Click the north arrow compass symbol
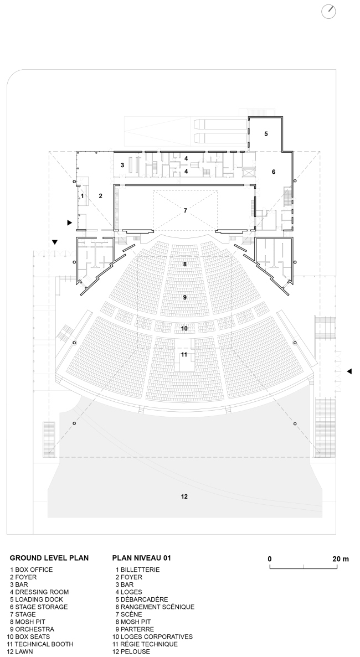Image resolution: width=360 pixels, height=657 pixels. click(x=328, y=11)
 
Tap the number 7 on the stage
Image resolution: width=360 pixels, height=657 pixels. click(x=185, y=211)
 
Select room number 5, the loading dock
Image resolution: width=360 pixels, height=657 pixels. click(x=266, y=134)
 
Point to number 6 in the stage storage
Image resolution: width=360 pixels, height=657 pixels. click(x=273, y=172)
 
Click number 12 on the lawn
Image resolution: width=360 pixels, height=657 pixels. click(x=184, y=497)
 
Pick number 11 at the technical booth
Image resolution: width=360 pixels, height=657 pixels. click(x=184, y=354)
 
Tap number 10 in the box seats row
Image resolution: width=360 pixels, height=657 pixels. click(x=184, y=329)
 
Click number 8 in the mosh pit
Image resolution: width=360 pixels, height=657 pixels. click(x=184, y=265)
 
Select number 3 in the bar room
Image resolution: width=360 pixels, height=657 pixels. click(x=122, y=165)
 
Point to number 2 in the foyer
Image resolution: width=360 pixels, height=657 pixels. click(x=101, y=196)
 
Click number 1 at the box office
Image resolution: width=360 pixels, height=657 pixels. click(x=82, y=196)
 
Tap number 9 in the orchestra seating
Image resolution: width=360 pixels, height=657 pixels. click(x=184, y=297)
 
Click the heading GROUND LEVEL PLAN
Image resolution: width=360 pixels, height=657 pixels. click(x=49, y=558)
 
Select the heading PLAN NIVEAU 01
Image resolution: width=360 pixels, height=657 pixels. click(x=142, y=558)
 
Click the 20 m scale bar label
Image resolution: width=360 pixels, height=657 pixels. click(x=340, y=559)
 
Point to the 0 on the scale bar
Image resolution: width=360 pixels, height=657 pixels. click(x=270, y=559)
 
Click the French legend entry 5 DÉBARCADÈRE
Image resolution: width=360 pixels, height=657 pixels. click(x=142, y=599)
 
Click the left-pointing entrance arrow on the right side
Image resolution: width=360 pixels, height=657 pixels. click(x=349, y=371)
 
